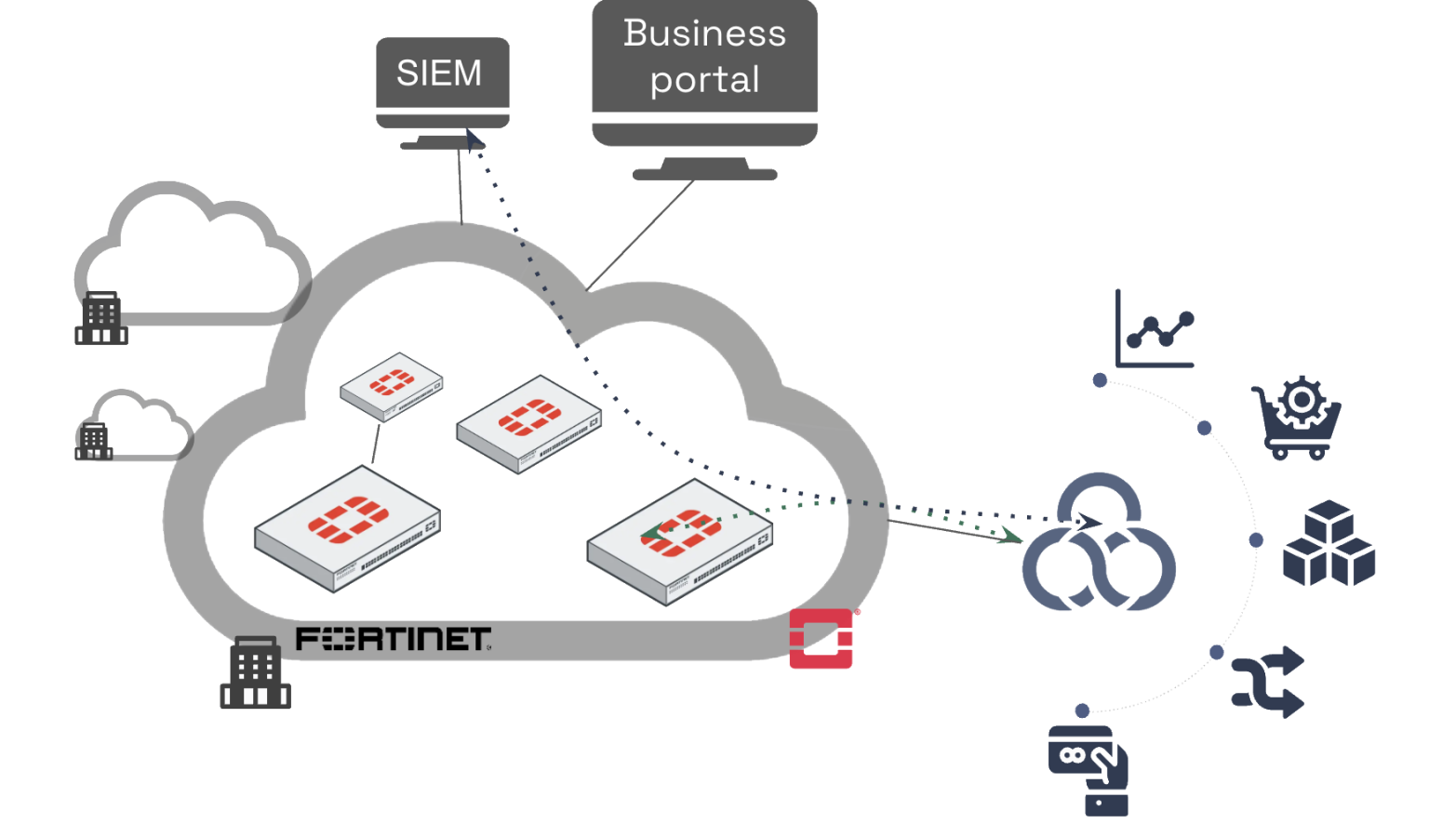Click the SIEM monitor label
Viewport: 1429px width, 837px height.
pos(439,73)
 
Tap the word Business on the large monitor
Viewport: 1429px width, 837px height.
pos(704,33)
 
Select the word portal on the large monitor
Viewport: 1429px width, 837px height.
pos(704,81)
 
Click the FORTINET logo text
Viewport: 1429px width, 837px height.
pos(393,639)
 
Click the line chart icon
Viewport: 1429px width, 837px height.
pos(1155,330)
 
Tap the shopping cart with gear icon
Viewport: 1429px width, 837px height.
pos(1297,418)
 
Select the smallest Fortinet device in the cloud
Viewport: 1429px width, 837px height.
pos(392,385)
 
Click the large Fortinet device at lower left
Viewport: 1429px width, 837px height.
pos(347,528)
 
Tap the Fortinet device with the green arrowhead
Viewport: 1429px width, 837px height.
pos(680,541)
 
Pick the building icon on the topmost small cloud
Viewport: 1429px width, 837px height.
pos(100,318)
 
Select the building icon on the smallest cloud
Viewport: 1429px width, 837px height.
pos(93,441)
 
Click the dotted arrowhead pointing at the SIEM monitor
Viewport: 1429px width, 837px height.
pos(474,140)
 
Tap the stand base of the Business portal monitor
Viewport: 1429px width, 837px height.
pos(704,174)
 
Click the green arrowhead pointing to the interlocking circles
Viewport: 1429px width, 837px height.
pos(1009,536)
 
